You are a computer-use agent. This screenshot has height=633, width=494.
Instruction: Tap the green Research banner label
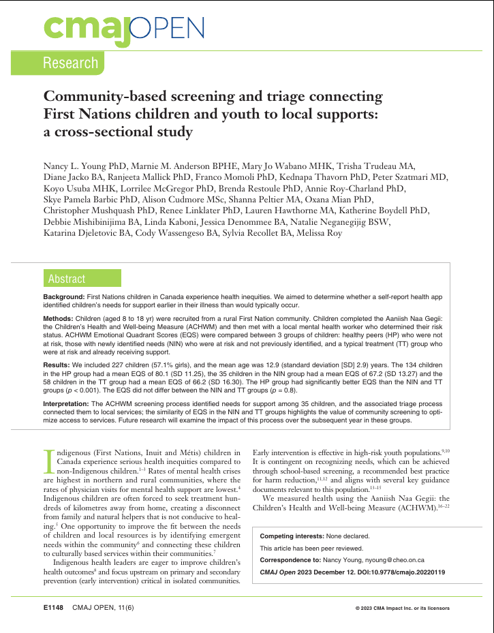[70, 63]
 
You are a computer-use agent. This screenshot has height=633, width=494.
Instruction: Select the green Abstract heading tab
[67, 279]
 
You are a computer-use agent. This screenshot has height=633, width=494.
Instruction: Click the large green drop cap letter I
[48, 460]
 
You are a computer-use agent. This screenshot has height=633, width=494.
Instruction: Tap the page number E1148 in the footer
[53, 606]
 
